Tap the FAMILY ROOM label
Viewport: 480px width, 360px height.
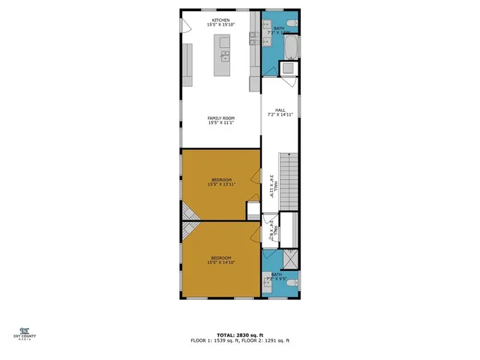(x=221, y=121)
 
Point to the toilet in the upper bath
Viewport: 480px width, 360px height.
(x=292, y=25)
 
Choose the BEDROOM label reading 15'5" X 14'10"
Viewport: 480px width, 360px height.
(x=221, y=259)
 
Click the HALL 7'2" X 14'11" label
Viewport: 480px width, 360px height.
(x=280, y=112)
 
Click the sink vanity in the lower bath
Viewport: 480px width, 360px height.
(x=268, y=283)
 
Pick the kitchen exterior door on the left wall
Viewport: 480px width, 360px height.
(x=184, y=27)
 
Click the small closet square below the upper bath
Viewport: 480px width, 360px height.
(x=289, y=69)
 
